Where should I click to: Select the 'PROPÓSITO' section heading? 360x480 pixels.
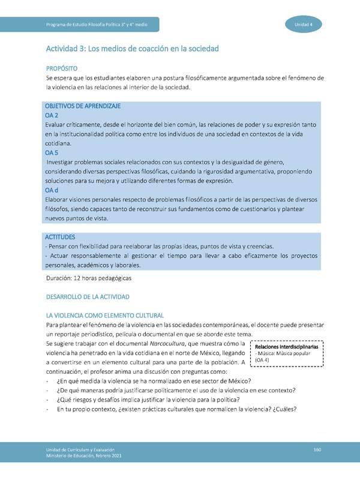pyautogui.click(x=62, y=68)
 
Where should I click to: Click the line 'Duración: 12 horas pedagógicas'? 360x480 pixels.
pyautogui.click(x=88, y=278)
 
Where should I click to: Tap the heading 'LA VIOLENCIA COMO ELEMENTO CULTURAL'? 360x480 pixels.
pyautogui.click(x=104, y=316)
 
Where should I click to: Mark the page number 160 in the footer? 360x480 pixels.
pyautogui.click(x=318, y=450)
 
